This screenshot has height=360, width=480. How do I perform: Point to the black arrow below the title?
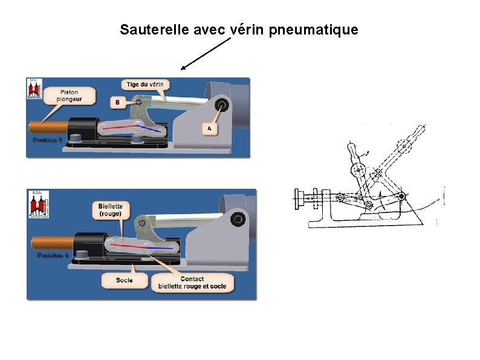206,54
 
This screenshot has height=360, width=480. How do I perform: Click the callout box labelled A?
209,128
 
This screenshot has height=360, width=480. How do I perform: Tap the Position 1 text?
47,139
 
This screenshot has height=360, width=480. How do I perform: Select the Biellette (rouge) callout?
111,210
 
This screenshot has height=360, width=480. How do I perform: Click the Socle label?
125,280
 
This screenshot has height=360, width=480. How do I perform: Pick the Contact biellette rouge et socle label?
192,283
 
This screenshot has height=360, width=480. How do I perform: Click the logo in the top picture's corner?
34,89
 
